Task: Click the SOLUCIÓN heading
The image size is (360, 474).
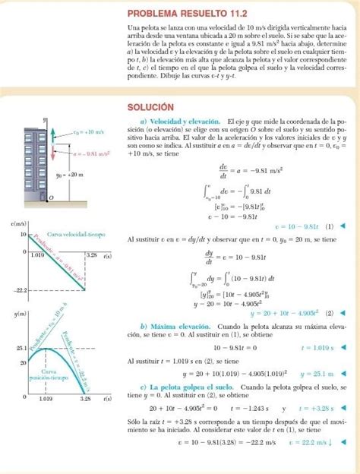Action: click(x=151, y=107)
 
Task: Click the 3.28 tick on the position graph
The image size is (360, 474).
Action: click(x=85, y=397)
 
